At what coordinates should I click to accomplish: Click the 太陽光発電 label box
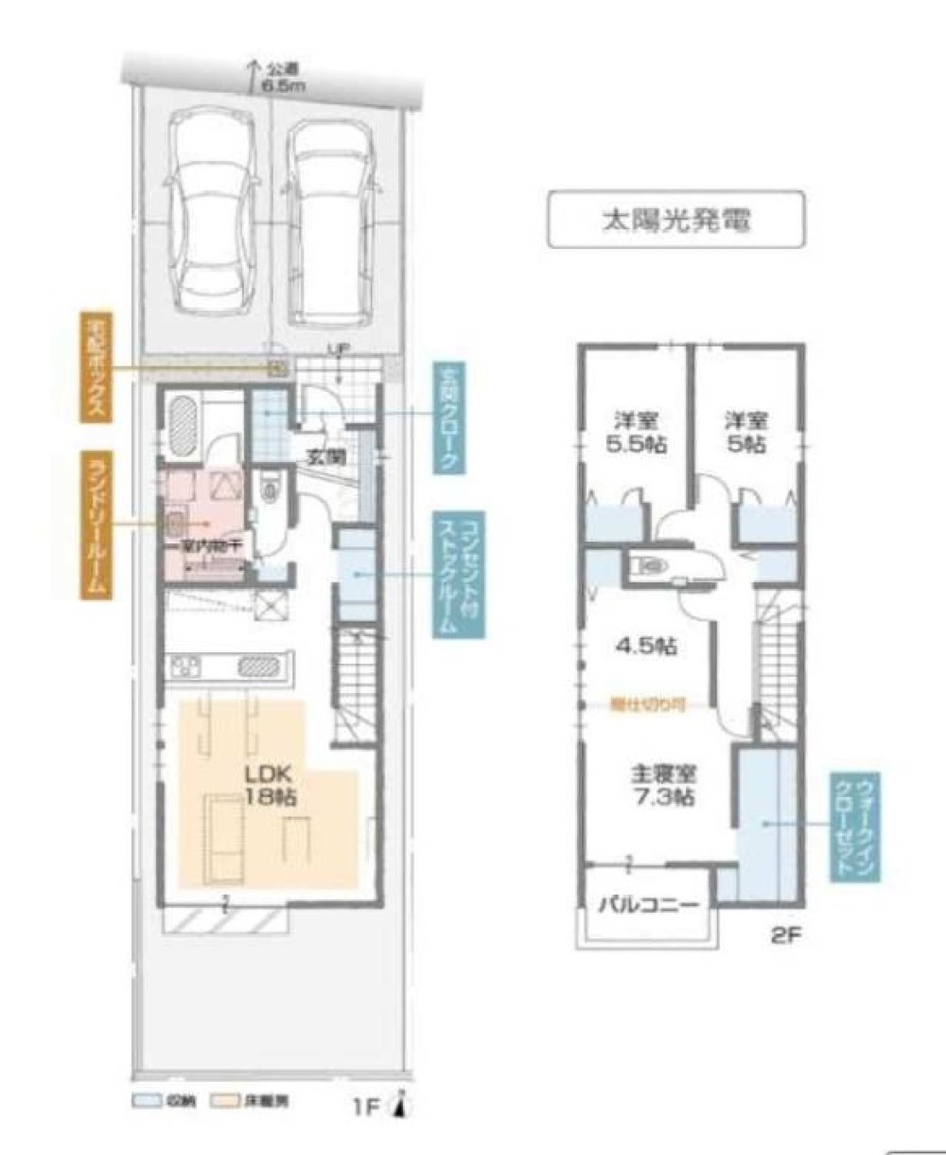click(x=676, y=220)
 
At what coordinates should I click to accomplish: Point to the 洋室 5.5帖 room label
click(x=636, y=431)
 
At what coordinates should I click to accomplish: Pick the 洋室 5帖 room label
click(x=746, y=431)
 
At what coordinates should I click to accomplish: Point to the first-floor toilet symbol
click(x=271, y=489)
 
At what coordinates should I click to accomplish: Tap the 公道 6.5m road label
click(x=274, y=76)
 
